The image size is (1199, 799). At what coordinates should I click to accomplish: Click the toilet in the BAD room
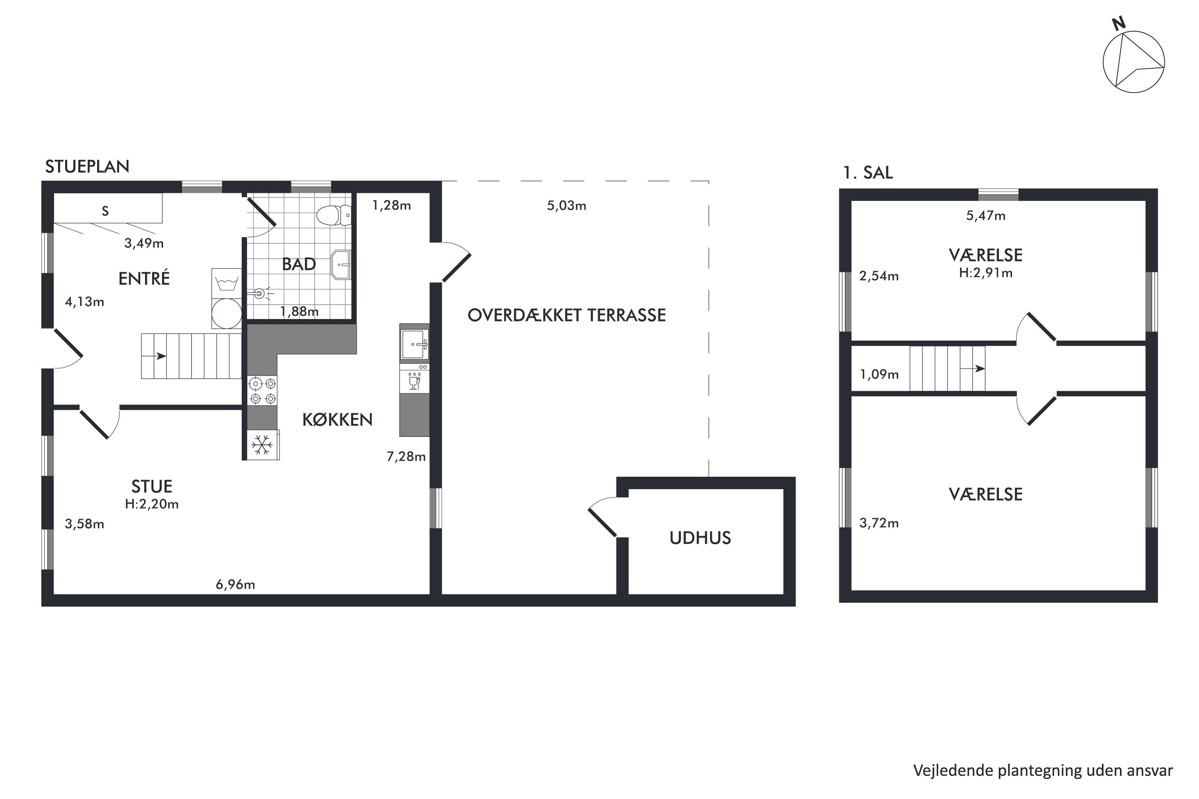[333, 216]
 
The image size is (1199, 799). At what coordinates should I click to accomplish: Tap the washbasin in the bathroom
[341, 264]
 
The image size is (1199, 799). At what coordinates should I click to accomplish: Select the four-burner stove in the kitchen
[263, 390]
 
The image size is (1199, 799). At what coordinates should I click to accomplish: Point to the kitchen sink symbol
[414, 345]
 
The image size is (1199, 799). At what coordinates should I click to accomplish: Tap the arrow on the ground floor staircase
[161, 356]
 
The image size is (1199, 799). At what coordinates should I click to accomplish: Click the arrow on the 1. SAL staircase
[979, 368]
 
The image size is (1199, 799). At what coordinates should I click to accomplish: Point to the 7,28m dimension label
[406, 457]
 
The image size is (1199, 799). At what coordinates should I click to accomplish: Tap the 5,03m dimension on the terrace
[566, 206]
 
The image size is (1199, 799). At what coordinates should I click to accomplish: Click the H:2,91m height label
[986, 273]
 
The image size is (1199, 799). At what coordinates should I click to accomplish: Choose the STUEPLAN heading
[87, 167]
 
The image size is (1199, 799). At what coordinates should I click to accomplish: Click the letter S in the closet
[105, 211]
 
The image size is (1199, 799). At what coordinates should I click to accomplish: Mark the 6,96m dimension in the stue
[235, 584]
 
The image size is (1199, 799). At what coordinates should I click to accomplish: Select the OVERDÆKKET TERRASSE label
[566, 316]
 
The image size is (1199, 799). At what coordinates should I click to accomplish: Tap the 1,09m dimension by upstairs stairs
[879, 375]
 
